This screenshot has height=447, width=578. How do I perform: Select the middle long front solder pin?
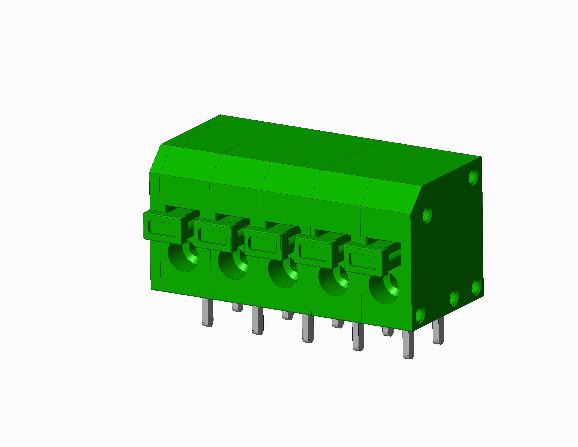[x=308, y=329]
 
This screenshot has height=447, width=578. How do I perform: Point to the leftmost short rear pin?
[x=237, y=307]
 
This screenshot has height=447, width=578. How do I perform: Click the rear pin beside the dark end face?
[x=438, y=331]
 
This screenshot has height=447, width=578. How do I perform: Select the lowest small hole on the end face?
[x=420, y=315]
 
